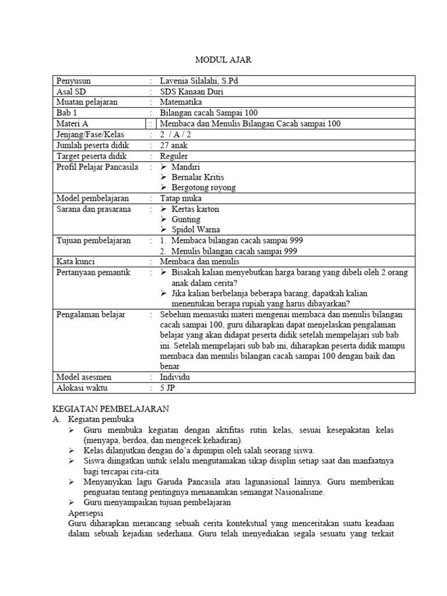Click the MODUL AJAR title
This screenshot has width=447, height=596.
(223, 60)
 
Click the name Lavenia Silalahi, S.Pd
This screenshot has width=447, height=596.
(198, 81)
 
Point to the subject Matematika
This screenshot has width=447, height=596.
(182, 102)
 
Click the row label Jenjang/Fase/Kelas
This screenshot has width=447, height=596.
(87, 134)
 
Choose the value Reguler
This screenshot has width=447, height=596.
(175, 155)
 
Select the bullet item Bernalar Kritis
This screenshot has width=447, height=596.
(197, 177)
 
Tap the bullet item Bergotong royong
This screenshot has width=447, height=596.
(204, 187)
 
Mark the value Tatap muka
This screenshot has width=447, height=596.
(180, 198)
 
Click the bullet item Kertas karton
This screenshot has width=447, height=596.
(195, 209)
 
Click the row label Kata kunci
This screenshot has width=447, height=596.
(75, 262)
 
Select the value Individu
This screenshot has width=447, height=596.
(175, 377)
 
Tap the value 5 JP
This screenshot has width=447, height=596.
(169, 388)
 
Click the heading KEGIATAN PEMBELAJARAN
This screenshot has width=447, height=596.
(110, 409)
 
